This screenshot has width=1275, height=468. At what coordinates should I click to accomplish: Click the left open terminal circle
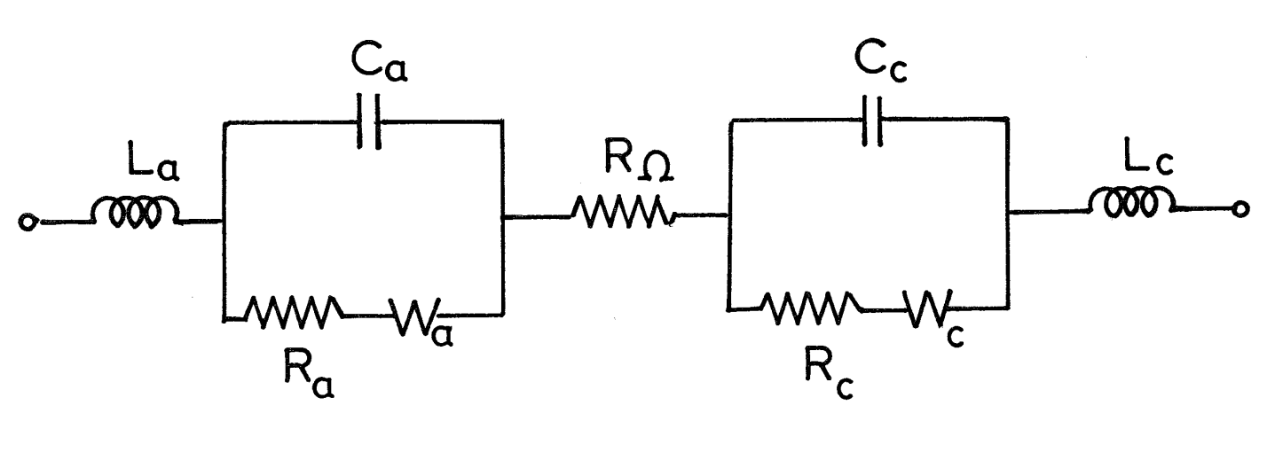[27, 222]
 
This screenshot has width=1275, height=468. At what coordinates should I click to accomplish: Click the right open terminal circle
[1241, 209]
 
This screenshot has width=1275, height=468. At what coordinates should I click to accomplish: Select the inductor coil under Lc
[1131, 202]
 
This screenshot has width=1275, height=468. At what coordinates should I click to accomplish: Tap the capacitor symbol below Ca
[369, 121]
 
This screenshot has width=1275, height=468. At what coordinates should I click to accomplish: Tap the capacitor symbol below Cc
[872, 121]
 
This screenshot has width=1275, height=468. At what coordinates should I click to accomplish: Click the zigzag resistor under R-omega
[624, 213]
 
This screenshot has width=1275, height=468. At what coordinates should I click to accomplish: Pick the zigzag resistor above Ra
[294, 312]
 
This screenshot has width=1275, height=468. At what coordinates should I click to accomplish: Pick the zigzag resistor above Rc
[812, 308]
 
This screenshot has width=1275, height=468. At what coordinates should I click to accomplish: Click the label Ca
[379, 62]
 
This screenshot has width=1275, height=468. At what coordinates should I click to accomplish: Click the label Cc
[880, 64]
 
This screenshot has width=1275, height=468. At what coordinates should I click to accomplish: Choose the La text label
[153, 163]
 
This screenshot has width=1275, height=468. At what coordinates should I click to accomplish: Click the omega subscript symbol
[656, 168]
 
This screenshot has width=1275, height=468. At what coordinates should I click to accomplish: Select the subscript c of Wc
[956, 337]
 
